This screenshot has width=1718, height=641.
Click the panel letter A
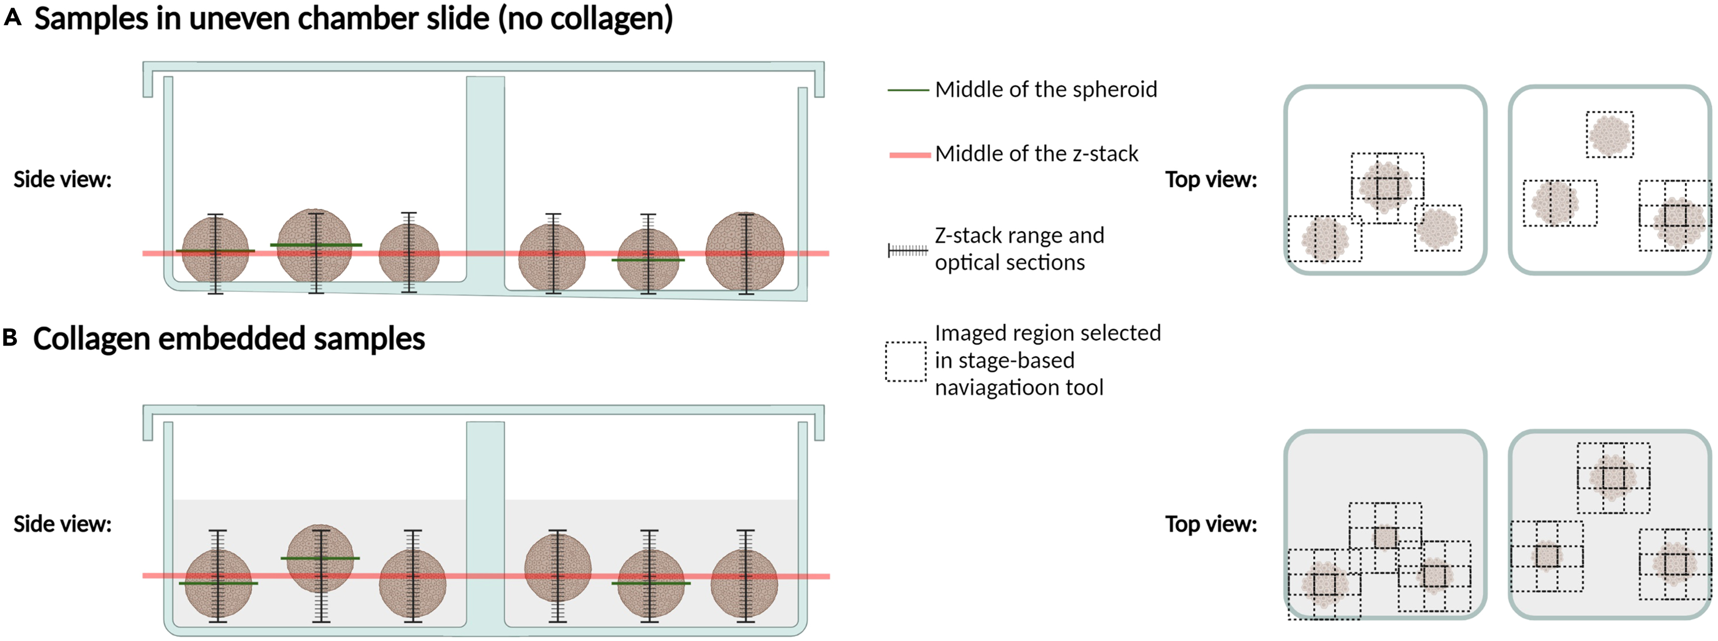[x=12, y=18]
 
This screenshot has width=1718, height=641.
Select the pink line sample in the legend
[x=909, y=155]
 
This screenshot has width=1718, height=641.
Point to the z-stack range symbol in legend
[x=908, y=251]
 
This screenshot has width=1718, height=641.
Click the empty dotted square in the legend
[x=905, y=362]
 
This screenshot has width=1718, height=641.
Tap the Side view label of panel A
[x=63, y=179]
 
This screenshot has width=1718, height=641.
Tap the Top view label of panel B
[x=1210, y=524]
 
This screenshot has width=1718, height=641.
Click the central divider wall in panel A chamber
[x=485, y=180]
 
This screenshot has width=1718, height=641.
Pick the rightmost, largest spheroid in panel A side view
[x=745, y=252]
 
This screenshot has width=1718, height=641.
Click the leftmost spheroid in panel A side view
[x=215, y=252]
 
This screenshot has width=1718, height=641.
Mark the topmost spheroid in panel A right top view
[x=1609, y=135]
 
